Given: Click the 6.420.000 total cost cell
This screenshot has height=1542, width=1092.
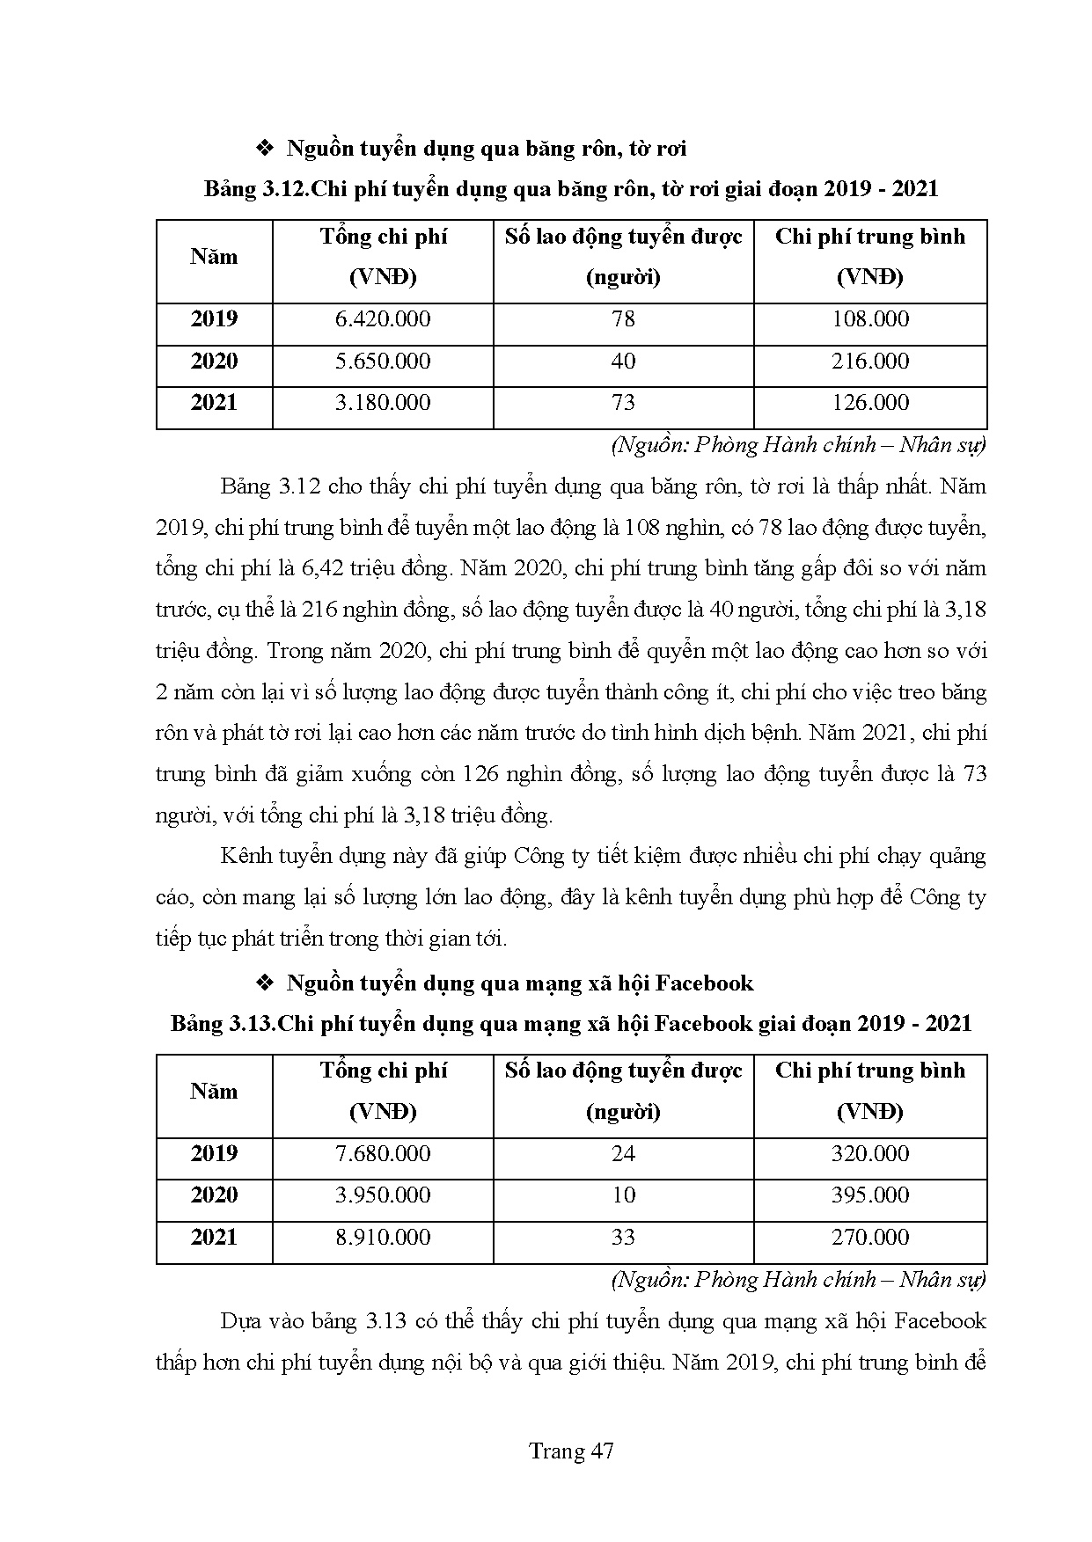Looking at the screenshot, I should [x=383, y=319].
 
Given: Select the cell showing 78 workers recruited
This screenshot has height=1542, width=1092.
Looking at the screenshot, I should [x=623, y=319].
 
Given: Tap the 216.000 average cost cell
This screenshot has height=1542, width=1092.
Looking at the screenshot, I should [x=870, y=362].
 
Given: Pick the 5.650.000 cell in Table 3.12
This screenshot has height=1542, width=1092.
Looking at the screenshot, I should [x=383, y=362].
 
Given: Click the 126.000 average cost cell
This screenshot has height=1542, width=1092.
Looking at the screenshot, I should [x=870, y=403].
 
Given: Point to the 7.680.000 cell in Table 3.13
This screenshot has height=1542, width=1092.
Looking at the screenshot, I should [x=383, y=1153].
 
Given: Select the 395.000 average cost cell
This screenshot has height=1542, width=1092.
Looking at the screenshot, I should [x=870, y=1195].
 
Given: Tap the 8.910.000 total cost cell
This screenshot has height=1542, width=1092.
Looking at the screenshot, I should [x=383, y=1238].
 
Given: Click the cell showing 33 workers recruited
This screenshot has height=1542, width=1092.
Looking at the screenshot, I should [x=623, y=1238].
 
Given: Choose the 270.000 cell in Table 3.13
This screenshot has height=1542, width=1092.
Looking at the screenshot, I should [x=870, y=1238].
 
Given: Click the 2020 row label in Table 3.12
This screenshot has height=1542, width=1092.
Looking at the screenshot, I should [x=214, y=362].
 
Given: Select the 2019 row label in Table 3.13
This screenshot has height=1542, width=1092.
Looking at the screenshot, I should [x=214, y=1153].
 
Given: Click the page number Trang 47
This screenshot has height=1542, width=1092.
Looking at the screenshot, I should [x=571, y=1451].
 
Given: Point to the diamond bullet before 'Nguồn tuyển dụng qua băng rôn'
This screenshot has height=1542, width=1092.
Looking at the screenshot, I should [x=265, y=150].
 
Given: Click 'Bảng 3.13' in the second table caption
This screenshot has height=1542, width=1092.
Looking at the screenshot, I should [x=221, y=1024].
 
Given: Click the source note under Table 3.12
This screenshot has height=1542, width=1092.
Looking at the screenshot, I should [x=798, y=445].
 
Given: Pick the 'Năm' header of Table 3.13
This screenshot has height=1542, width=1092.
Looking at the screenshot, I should [x=214, y=1092].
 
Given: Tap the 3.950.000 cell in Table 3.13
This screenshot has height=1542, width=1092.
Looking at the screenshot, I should [x=383, y=1195].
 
